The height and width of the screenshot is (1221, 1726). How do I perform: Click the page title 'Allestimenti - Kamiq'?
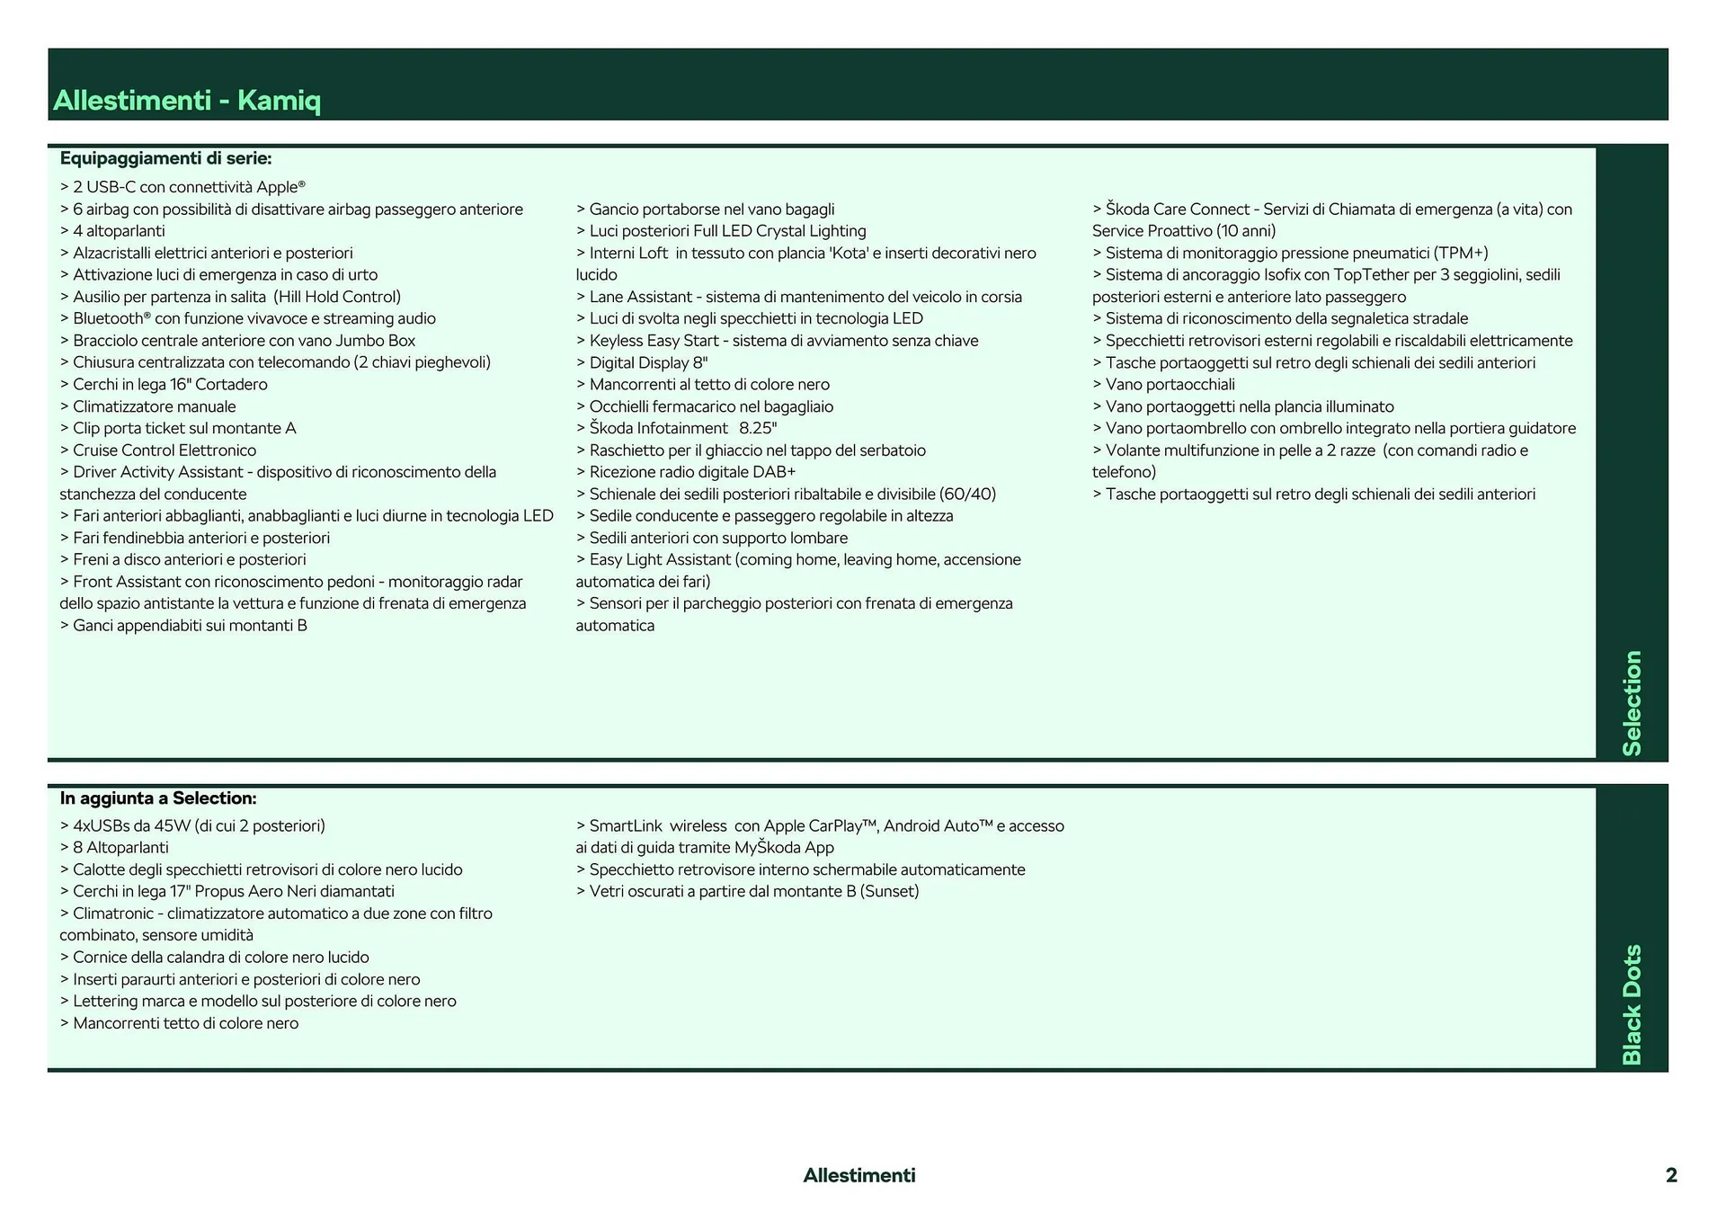click(x=187, y=100)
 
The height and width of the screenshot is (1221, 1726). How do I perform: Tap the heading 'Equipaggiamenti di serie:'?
click(x=165, y=158)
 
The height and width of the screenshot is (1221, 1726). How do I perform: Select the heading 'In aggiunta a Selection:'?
click(x=158, y=798)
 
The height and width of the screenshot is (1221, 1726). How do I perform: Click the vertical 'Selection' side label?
click(x=1631, y=702)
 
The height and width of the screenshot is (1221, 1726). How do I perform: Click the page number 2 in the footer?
click(x=1670, y=1175)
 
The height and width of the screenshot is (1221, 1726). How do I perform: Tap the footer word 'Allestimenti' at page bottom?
click(x=859, y=1175)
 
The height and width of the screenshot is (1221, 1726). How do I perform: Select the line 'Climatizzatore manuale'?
click(x=154, y=406)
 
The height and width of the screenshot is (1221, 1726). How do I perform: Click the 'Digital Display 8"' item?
click(x=648, y=362)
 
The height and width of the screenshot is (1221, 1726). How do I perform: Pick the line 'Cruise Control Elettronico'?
click(x=164, y=450)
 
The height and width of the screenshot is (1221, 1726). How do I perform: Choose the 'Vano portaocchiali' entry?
click(x=1170, y=385)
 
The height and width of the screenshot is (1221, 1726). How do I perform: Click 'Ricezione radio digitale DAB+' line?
click(x=692, y=472)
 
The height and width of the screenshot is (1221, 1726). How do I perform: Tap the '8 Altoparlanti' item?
click(x=120, y=847)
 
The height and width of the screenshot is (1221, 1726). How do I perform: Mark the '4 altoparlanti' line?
click(x=119, y=231)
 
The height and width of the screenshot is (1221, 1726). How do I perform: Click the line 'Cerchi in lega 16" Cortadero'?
click(x=170, y=385)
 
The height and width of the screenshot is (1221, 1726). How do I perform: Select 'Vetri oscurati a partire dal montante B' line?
click(x=753, y=891)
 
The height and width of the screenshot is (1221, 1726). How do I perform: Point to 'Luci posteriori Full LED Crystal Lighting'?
click(x=727, y=231)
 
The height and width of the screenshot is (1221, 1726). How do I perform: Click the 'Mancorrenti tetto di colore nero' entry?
click(x=185, y=1023)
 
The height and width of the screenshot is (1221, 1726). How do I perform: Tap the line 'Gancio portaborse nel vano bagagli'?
click(x=711, y=209)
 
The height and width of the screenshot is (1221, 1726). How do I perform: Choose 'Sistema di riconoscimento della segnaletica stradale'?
click(x=1286, y=318)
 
